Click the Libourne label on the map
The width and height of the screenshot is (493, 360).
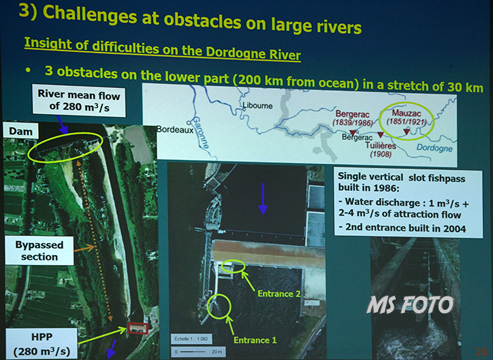pyautogui.click(x=258, y=106)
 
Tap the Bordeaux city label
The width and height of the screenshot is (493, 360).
pyautogui.click(x=175, y=130)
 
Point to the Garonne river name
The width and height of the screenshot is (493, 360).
pyautogui.click(x=201, y=132)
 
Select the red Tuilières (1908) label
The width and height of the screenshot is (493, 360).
pyautogui.click(x=380, y=149)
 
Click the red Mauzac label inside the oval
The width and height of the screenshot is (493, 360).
pyautogui.click(x=406, y=113)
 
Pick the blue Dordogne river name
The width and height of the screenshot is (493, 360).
pyautogui.click(x=435, y=148)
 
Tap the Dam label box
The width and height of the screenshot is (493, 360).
pyautogui.click(x=20, y=131)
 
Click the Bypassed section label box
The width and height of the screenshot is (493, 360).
pyautogui.click(x=39, y=251)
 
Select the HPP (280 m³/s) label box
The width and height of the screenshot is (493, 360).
pyautogui.click(x=42, y=344)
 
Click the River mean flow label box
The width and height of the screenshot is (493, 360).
pyautogui.click(x=79, y=101)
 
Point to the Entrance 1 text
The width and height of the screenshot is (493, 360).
pyautogui.click(x=255, y=340)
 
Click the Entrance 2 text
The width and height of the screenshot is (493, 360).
pyautogui.click(x=279, y=294)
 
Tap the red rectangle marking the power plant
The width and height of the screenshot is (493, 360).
pyautogui.click(x=138, y=328)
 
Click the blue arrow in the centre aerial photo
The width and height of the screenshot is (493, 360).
pyautogui.click(x=263, y=199)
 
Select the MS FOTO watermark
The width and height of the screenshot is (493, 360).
pyautogui.click(x=410, y=304)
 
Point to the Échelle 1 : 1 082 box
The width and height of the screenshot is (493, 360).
pyautogui.click(x=191, y=339)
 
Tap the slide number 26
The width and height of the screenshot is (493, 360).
pyautogui.click(x=481, y=352)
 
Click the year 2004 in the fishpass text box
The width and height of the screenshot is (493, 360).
pyautogui.click(x=455, y=228)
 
